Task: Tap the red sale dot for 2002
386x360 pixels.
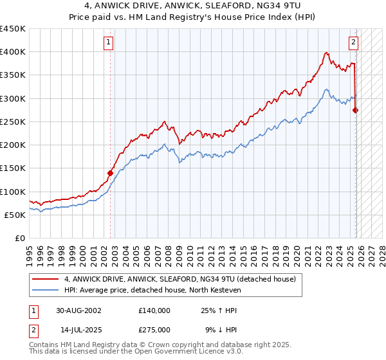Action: pyautogui.click(x=110, y=173)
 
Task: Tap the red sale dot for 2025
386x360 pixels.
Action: pyautogui.click(x=356, y=110)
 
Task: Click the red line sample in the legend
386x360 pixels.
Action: pyautogui.click(x=46, y=279)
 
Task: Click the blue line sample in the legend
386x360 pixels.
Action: pyautogui.click(x=46, y=291)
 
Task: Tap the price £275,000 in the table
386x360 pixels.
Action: pyautogui.click(x=154, y=330)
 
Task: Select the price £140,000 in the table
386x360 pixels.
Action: pyautogui.click(x=154, y=310)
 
